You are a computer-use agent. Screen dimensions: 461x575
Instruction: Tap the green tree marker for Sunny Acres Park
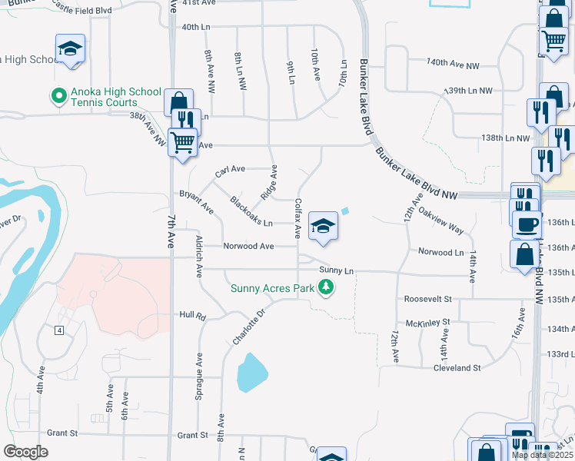pos(327,287)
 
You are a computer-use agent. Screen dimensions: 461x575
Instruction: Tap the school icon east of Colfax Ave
pos(324,226)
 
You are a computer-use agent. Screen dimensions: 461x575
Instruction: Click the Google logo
pos(25,452)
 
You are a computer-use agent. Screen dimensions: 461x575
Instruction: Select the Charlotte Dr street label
pos(249,327)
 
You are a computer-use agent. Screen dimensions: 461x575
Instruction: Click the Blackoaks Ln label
pos(251,212)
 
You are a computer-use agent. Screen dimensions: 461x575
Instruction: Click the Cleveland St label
pos(457,368)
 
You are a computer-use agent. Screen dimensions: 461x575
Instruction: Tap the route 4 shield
pos(58,330)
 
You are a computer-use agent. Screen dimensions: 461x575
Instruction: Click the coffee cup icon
pos(526,224)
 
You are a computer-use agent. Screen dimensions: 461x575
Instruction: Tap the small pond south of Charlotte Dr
pos(251,373)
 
